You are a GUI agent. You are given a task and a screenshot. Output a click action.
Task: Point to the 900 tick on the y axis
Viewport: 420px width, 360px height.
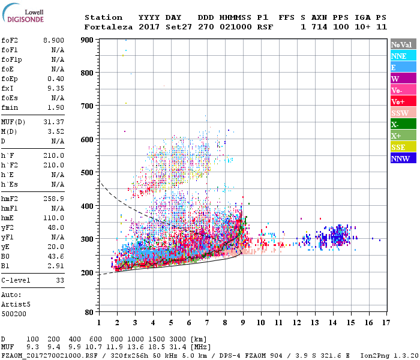pyautogui.click(x=87, y=40)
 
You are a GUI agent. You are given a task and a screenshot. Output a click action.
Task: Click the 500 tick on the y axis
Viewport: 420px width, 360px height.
pyautogui.click(x=87, y=172)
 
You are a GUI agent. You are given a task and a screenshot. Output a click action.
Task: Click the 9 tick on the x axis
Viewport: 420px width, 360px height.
pyautogui.click(x=242, y=323)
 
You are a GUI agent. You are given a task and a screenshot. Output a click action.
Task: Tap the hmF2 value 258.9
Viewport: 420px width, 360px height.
pyautogui.click(x=54, y=199)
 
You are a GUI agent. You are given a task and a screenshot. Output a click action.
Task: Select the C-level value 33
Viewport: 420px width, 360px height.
pyautogui.click(x=60, y=280)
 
